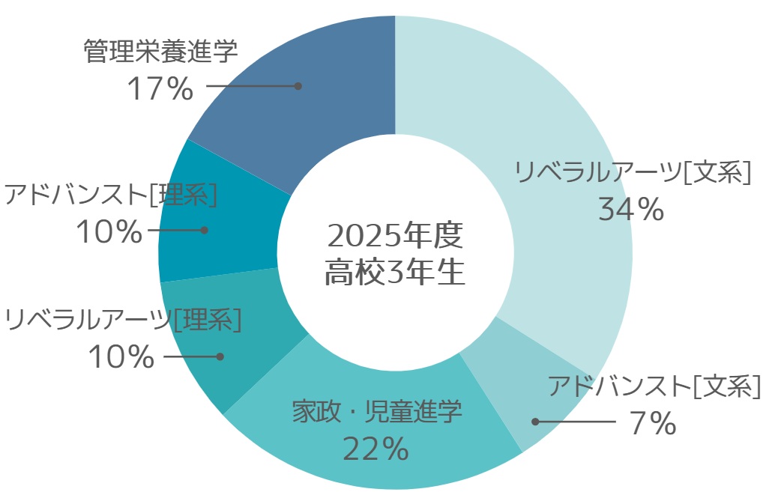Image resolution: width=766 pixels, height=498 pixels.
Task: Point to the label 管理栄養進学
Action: click(x=160, y=52)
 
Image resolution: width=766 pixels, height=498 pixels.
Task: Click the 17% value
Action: click(x=160, y=90)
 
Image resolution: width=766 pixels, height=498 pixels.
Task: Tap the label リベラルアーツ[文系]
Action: click(x=632, y=173)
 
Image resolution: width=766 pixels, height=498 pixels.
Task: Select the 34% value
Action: click(x=631, y=210)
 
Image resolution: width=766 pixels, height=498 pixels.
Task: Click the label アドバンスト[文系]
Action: click(x=654, y=387)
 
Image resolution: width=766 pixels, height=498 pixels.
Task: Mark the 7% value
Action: click(x=653, y=424)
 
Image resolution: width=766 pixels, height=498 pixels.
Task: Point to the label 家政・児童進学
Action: click(x=377, y=412)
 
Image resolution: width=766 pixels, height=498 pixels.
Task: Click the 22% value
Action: click(x=376, y=449)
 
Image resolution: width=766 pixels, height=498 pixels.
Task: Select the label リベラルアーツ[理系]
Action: click(x=123, y=320)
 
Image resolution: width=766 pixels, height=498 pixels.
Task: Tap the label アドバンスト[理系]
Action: click(x=110, y=195)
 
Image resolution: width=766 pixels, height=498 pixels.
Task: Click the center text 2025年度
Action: click(x=395, y=237)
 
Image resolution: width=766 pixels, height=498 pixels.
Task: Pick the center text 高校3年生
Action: click(x=395, y=273)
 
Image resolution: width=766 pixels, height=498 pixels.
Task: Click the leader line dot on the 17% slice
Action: click(x=298, y=86)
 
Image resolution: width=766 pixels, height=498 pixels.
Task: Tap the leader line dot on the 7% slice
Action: click(x=535, y=422)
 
